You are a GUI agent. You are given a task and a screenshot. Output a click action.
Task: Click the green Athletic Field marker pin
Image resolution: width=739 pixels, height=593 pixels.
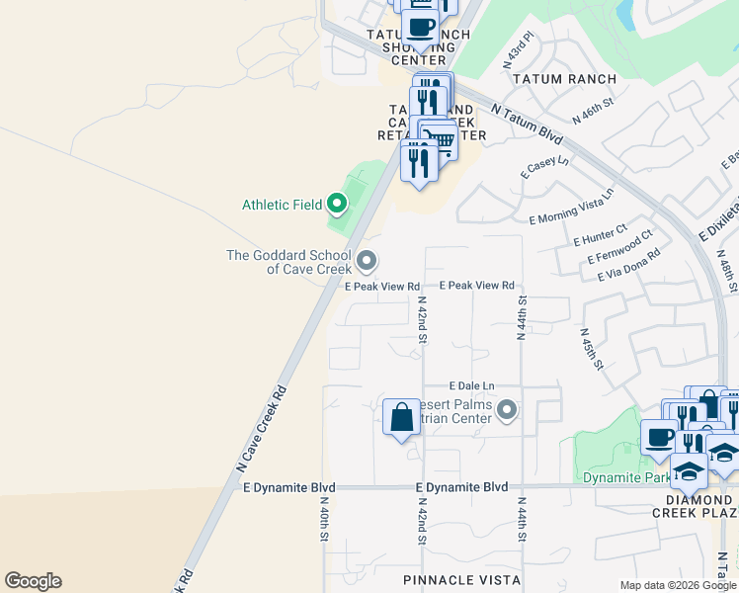coord(337,205)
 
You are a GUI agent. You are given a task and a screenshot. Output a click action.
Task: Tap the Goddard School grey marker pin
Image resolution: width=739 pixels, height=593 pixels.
coord(367,262)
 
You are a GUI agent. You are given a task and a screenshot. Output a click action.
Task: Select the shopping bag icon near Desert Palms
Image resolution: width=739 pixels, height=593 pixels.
coord(401,418)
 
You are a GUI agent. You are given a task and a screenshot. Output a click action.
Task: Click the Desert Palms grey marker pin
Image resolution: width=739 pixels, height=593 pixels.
coord(507,409)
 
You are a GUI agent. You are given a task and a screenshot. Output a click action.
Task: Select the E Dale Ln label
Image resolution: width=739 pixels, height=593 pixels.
coord(471,385)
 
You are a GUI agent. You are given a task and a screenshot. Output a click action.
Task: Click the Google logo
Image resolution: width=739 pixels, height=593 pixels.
coord(33,581)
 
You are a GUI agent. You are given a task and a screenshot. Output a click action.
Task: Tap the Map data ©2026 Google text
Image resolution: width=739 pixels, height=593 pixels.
coord(678,585)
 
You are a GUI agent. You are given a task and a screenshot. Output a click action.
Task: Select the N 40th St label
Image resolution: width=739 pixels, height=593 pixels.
coord(323,520)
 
